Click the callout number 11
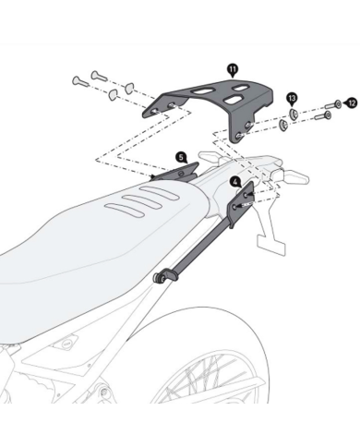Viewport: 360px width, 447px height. [232, 68]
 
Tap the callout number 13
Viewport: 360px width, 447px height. [291, 97]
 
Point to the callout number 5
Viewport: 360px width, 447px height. [181, 158]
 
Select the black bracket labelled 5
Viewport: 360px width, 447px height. [181, 172]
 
